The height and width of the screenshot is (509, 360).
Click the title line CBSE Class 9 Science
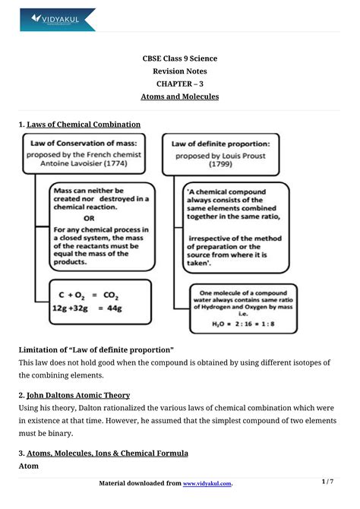180,58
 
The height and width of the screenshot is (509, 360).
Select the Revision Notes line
180,71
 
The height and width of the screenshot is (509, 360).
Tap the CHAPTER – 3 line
180,84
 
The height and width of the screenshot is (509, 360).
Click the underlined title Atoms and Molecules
180,97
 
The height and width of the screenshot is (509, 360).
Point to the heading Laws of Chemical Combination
83,124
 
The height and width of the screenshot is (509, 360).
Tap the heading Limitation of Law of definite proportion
96,349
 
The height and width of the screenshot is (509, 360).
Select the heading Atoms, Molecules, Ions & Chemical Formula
107,454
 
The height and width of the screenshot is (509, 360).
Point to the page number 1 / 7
327,482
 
